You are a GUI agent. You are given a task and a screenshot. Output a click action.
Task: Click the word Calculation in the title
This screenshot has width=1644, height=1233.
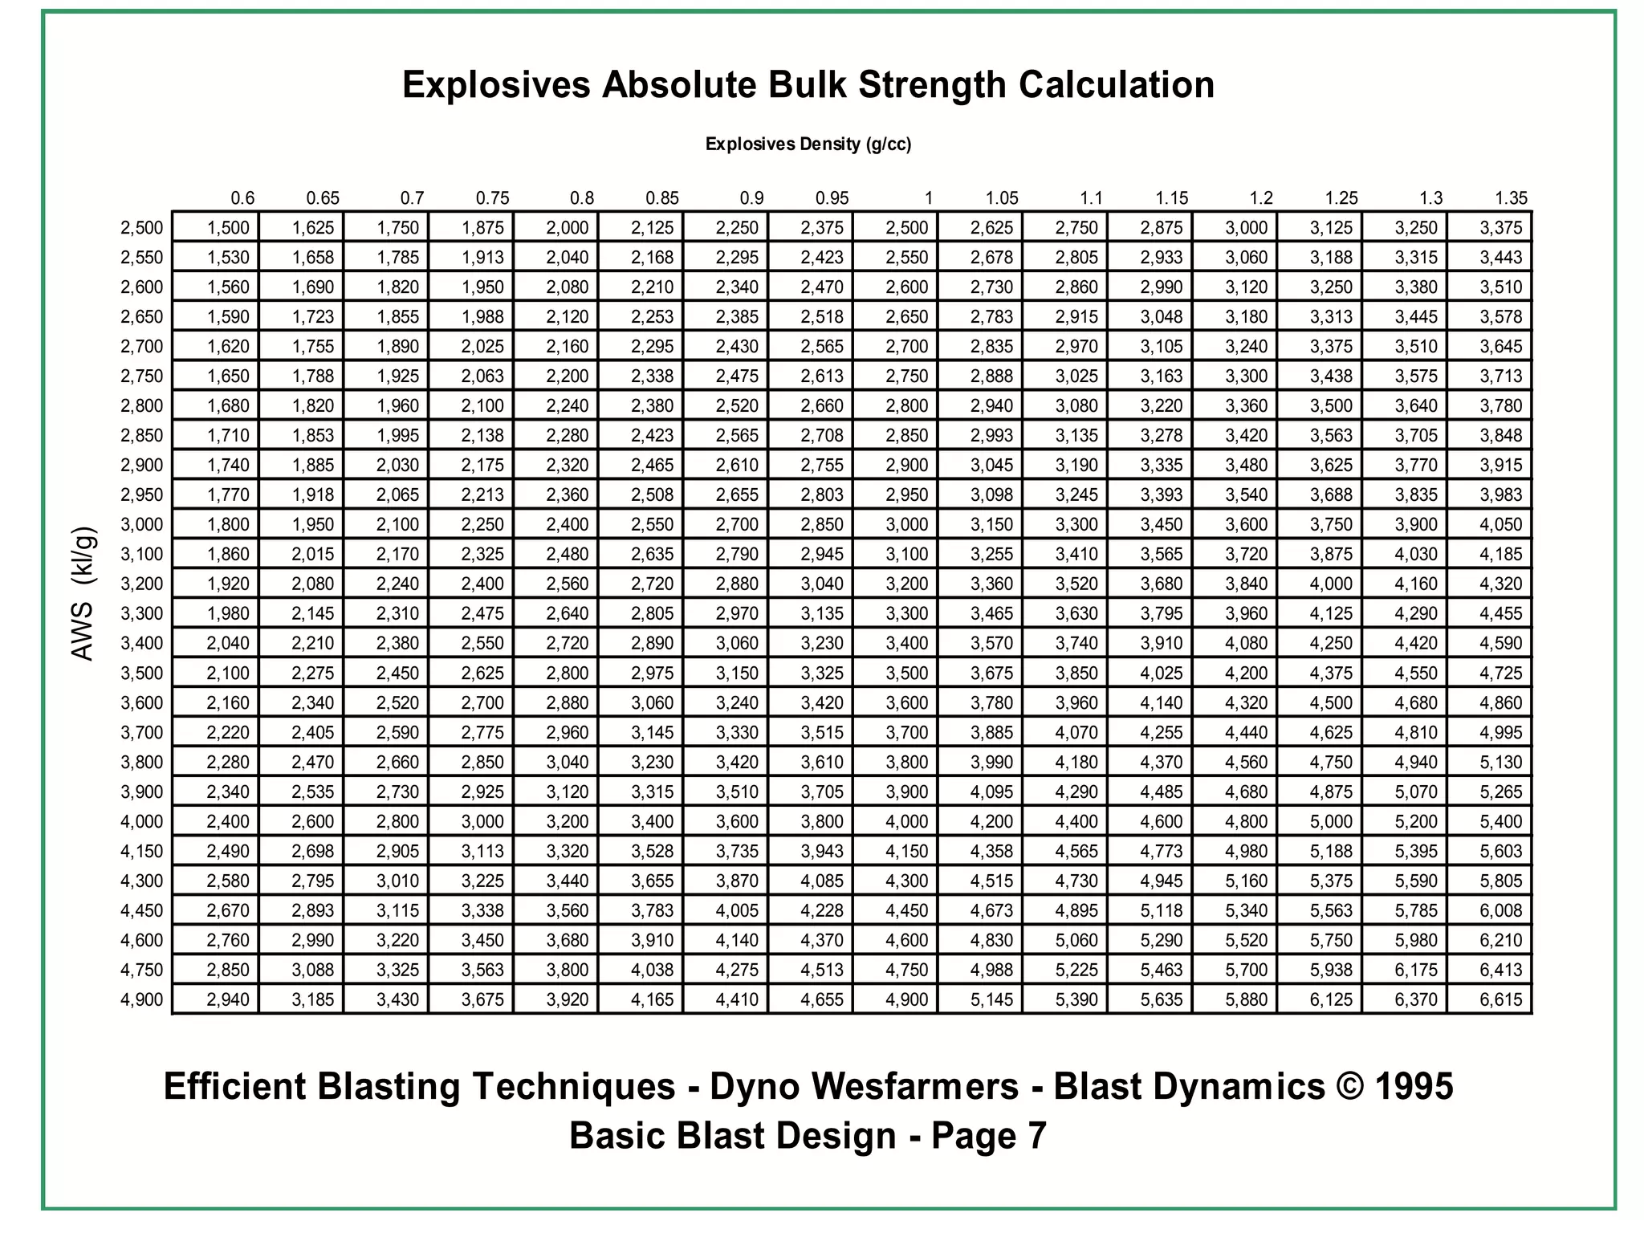[x=1117, y=85]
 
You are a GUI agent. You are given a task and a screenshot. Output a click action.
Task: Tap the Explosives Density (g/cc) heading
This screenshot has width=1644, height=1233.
[x=808, y=144]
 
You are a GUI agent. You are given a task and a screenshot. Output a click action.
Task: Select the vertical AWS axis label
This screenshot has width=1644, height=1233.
[x=83, y=593]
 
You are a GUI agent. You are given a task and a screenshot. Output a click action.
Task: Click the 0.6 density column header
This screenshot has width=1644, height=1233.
[x=242, y=198]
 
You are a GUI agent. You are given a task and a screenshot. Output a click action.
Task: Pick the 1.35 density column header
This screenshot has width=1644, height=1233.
[x=1511, y=198]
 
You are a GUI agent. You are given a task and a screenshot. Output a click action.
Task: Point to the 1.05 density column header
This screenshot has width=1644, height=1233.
[x=1002, y=198]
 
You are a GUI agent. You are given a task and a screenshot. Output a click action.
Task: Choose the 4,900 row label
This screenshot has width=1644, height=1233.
[x=142, y=999]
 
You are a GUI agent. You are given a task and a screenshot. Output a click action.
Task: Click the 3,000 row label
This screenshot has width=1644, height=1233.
[x=142, y=524]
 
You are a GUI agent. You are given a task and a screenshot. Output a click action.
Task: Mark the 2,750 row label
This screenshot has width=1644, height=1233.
[x=142, y=376]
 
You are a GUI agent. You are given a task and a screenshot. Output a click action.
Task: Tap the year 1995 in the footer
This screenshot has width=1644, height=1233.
[x=1414, y=1087]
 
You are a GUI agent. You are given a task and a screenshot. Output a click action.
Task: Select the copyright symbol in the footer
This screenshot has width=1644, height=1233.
[x=1350, y=1087]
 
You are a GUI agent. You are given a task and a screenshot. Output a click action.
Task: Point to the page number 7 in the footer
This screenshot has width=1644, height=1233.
[x=1036, y=1136]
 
